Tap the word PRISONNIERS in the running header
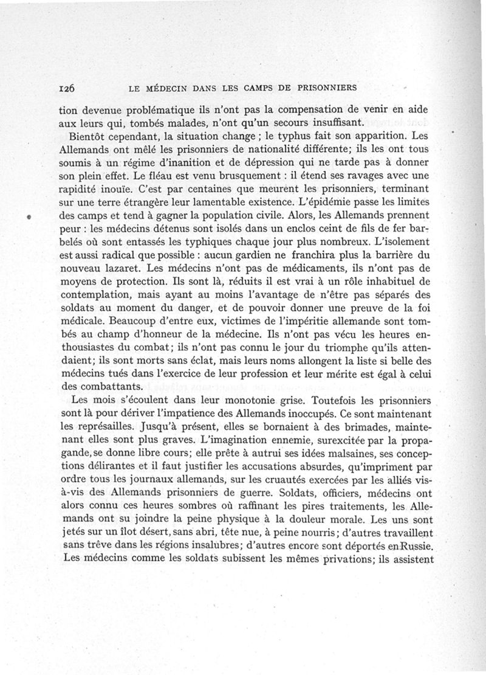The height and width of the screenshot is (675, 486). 326,88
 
